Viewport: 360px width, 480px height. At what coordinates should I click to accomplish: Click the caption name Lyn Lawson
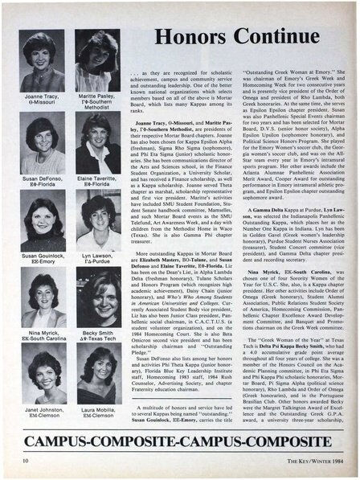point(96,254)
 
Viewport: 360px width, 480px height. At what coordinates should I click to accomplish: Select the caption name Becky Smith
point(96,330)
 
